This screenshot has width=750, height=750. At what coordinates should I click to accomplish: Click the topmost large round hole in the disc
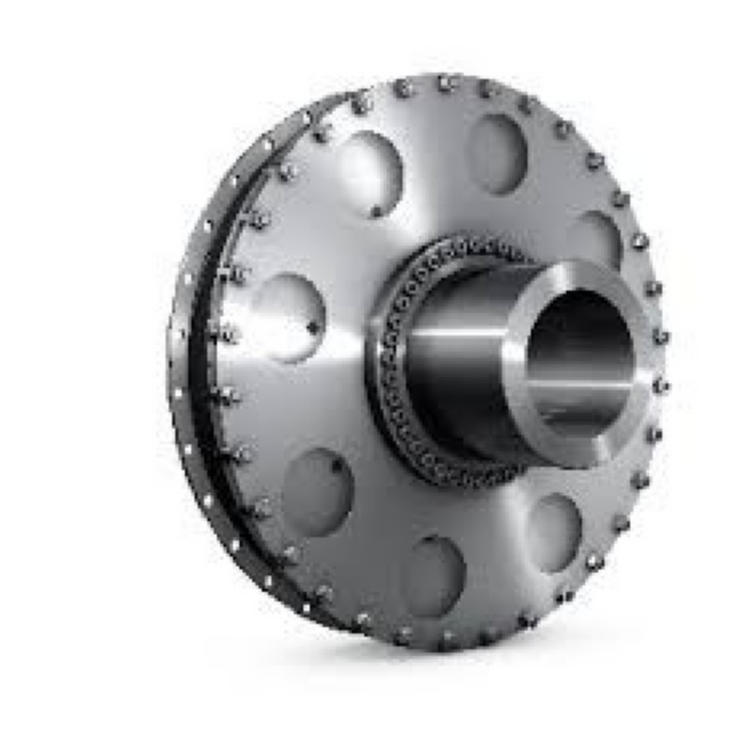497,153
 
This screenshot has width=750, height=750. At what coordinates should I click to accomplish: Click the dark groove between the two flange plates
198,375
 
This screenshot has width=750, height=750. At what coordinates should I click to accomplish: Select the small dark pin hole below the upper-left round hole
377,212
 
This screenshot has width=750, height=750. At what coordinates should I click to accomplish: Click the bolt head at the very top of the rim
446,82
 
